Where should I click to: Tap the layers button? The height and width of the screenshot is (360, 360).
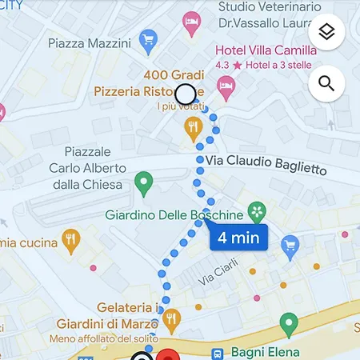326,32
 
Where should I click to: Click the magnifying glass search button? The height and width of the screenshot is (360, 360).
326,82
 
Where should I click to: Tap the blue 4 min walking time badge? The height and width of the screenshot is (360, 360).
238,238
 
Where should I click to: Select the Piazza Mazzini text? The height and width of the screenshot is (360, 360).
88,42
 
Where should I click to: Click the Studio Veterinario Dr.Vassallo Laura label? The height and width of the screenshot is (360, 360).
263,15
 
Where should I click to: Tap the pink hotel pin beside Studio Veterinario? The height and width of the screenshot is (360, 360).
191,21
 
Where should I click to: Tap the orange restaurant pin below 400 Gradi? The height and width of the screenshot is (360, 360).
193,126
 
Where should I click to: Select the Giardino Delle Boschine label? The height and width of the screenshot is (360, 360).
174,215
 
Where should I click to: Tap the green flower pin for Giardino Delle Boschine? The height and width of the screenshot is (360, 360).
257,212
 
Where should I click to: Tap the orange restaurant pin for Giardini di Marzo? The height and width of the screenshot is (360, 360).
170,320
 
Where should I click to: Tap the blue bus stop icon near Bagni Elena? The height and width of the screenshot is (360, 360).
217,352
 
